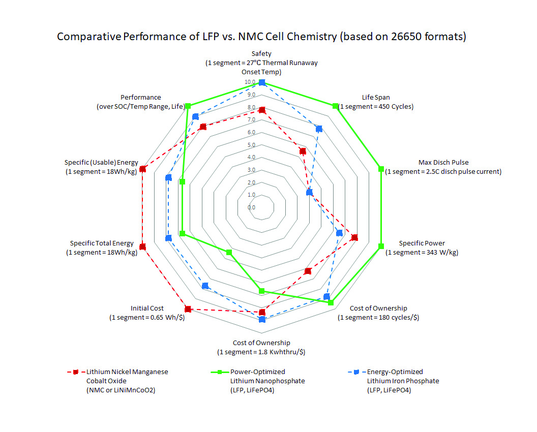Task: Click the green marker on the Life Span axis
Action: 335,106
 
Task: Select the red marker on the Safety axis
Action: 262,110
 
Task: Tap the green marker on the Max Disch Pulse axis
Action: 380,169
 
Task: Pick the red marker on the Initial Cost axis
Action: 188,309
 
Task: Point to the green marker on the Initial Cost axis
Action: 229,253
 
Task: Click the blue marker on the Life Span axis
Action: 319,129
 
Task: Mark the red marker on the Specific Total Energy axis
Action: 142,246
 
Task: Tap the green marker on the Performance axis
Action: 188,106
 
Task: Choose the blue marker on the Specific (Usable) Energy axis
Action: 169,177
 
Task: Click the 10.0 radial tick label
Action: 250,82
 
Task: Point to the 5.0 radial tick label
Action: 251,145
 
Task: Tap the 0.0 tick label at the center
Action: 251,207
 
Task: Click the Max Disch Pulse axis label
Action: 443,167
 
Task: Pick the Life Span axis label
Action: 376,102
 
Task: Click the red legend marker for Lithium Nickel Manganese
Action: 75,372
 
